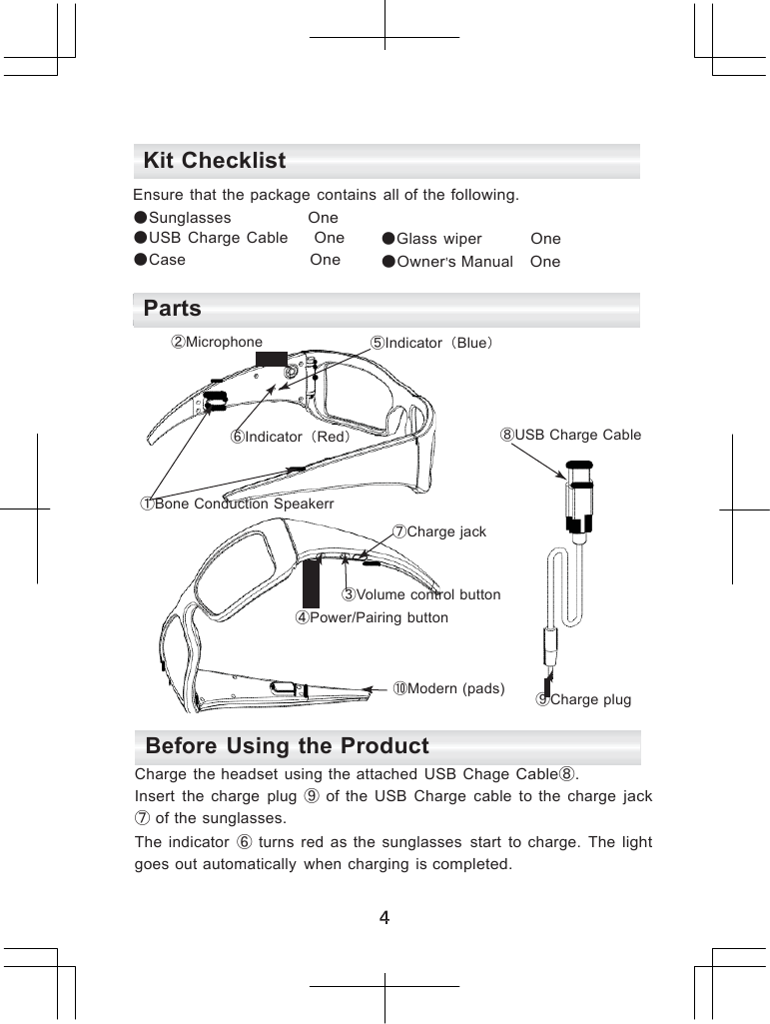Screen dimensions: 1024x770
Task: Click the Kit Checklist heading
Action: (x=215, y=161)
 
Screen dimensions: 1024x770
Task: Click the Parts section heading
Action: (x=173, y=309)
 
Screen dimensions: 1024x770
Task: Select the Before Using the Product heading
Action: (x=288, y=746)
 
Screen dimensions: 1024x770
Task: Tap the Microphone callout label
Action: (x=219, y=343)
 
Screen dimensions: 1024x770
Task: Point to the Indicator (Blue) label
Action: (x=433, y=344)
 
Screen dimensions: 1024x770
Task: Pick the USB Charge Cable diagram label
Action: (x=571, y=435)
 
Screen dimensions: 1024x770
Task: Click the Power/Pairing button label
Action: (x=372, y=618)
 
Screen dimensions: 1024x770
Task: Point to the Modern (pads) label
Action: (x=449, y=689)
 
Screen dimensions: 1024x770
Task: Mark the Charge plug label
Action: (x=584, y=699)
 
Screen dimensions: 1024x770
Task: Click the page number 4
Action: (x=385, y=917)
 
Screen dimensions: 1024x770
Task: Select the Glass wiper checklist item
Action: (x=438, y=240)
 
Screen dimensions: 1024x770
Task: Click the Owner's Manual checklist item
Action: (x=454, y=262)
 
